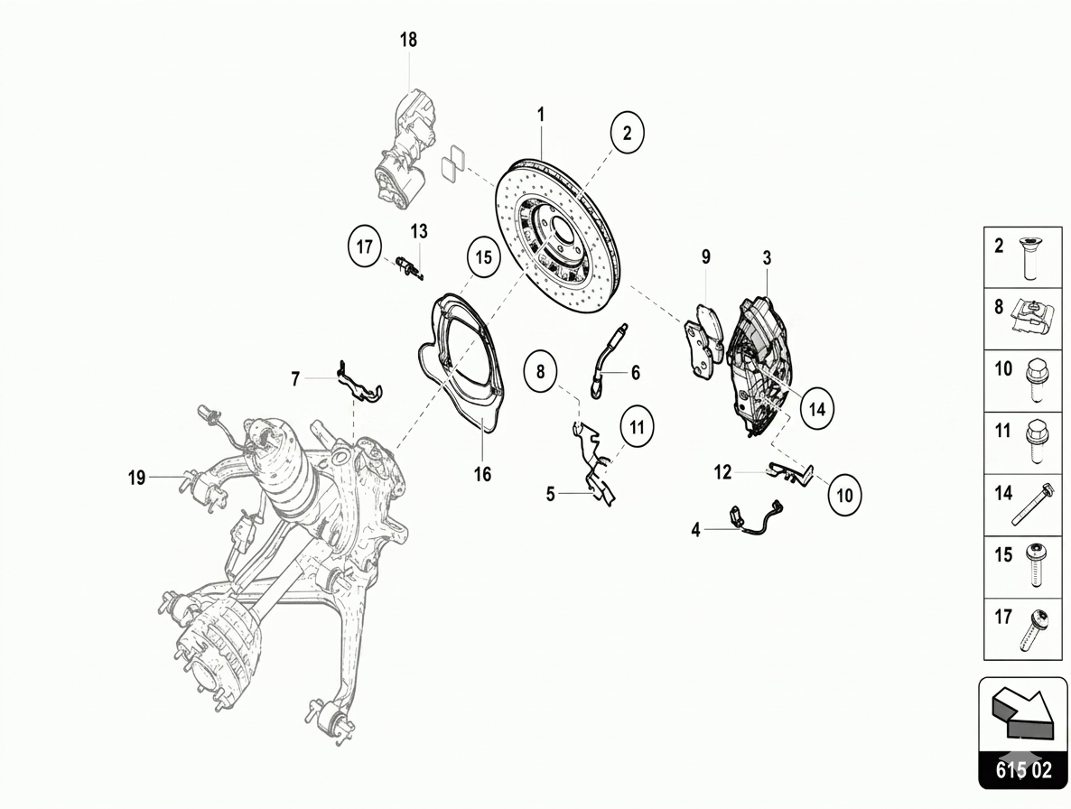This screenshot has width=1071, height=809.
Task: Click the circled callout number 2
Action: [627, 132]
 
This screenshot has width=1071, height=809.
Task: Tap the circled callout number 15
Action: [484, 257]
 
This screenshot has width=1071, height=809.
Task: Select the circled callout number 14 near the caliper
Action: [817, 409]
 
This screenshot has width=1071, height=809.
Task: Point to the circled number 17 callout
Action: [364, 245]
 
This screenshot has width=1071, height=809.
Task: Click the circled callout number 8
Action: [541, 371]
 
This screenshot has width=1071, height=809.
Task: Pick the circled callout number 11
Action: [638, 427]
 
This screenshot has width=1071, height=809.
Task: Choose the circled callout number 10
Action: [845, 495]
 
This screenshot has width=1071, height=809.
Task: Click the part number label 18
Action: [408, 40]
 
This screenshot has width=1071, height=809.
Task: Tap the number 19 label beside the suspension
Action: [136, 478]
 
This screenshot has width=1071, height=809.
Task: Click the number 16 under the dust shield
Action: [483, 474]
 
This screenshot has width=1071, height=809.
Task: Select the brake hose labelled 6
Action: [604, 362]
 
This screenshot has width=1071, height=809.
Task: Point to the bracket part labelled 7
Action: [358, 382]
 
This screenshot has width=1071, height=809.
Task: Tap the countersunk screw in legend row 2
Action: [1030, 258]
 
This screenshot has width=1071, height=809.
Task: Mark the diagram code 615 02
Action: [1024, 770]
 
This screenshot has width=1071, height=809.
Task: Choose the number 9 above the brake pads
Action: [705, 256]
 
